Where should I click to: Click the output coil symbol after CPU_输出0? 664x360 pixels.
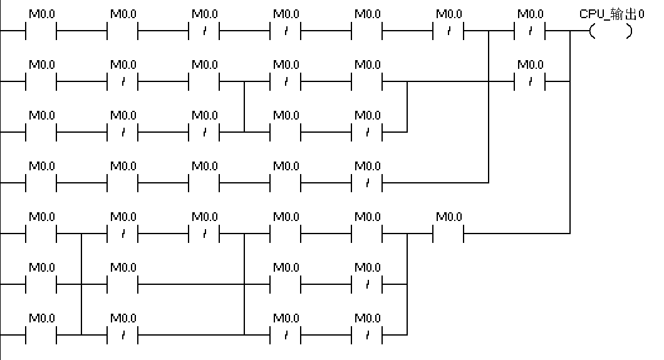(x=611, y=30)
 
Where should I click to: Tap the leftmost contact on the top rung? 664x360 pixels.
(x=41, y=30)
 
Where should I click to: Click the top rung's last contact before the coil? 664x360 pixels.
(x=530, y=30)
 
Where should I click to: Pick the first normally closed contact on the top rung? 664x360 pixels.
(x=204, y=30)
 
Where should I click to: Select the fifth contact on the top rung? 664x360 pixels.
(x=367, y=30)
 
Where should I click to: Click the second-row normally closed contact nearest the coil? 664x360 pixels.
(x=530, y=81)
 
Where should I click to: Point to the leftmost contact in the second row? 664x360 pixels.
(x=41, y=81)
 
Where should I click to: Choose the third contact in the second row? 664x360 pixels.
(x=204, y=81)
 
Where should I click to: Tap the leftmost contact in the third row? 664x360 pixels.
(x=41, y=131)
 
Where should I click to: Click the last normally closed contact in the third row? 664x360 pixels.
(x=367, y=131)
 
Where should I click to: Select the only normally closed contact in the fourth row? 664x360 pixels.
(x=367, y=182)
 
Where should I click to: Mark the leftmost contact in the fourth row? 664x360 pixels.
(x=41, y=182)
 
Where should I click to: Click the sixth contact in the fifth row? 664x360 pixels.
(x=449, y=233)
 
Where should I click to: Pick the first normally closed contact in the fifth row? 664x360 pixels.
(x=123, y=233)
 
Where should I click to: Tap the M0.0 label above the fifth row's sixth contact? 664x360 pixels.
(x=449, y=217)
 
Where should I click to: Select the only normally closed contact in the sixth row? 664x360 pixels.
(x=367, y=284)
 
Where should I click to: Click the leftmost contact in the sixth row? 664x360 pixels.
(x=41, y=284)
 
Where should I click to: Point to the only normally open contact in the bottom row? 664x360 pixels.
(x=41, y=334)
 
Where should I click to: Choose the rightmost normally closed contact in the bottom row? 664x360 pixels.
(x=367, y=334)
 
